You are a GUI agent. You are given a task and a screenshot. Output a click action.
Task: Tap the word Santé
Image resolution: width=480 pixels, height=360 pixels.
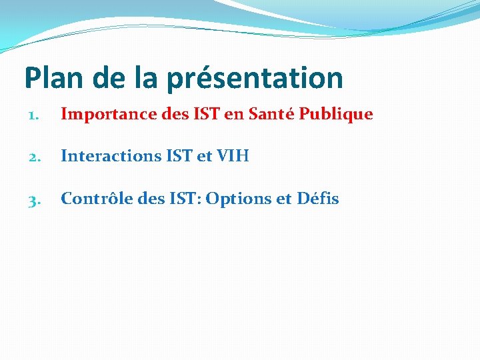click(272, 114)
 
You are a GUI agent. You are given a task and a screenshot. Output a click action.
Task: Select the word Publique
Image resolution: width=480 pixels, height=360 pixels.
click(336, 115)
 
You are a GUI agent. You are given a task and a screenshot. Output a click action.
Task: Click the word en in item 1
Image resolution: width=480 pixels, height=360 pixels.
click(233, 114)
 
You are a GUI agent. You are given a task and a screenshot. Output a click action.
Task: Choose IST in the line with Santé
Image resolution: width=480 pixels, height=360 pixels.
click(205, 114)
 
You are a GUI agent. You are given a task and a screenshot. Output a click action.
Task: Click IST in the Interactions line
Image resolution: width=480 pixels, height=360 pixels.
click(174, 156)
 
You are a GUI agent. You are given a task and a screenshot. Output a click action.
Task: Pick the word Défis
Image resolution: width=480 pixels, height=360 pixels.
click(317, 198)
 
